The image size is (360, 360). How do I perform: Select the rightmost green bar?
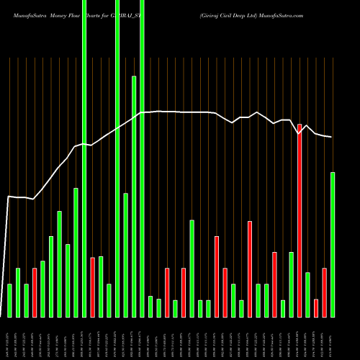pyautogui.click(x=333, y=245)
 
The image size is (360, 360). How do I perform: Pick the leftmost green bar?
pyautogui.click(x=9, y=300)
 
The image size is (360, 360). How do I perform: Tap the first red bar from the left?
pyautogui.click(x=35, y=292)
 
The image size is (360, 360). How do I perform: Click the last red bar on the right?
pyautogui.click(x=324, y=292)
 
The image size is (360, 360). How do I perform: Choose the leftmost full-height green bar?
pyautogui.click(x=84, y=158)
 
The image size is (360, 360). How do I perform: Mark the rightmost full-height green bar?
pyautogui.click(x=142, y=158)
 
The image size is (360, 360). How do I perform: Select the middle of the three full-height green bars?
pyautogui.click(x=117, y=158)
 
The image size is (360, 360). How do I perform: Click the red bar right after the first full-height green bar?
pyautogui.click(x=93, y=287)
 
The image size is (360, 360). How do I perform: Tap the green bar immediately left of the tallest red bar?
pyautogui.click(x=291, y=284)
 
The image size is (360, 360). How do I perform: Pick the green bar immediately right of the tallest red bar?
pyautogui.click(x=307, y=294)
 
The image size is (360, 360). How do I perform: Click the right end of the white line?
pyautogui.click(x=332, y=137)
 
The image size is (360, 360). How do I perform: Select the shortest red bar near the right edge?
pyautogui.click(x=316, y=308)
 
